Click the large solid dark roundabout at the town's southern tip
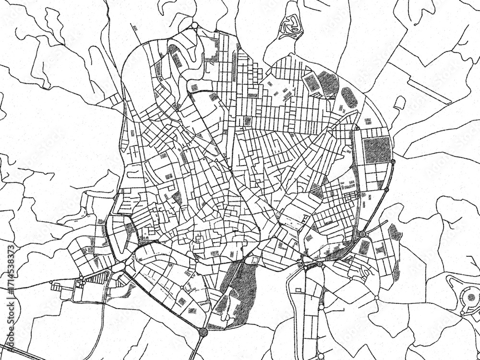[203, 332]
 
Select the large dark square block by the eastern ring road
[378, 150]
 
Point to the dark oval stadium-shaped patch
[349, 97]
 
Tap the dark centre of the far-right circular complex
[471, 297]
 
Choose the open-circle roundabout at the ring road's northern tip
[194, 25]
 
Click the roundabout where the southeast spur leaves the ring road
[362, 234]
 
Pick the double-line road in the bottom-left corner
[19, 354]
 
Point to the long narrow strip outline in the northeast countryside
[430, 91]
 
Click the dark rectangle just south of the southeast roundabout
[365, 247]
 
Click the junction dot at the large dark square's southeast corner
[393, 162]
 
